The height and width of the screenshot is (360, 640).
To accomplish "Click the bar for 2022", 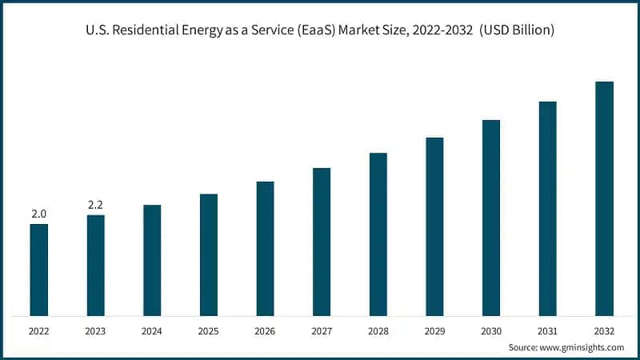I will (38, 270).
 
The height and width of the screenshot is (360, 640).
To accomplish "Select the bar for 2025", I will (208, 254).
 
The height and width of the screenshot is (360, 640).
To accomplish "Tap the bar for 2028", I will (378, 234).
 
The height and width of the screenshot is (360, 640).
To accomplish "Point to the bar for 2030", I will (491, 218).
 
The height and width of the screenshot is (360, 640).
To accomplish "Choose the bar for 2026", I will (265, 248).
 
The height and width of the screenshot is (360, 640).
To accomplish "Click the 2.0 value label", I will (38, 214).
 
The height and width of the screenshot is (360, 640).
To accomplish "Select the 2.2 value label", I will (95, 205).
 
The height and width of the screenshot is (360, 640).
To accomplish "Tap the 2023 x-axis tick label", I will (95, 330).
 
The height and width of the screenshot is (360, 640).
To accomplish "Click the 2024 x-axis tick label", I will (152, 330).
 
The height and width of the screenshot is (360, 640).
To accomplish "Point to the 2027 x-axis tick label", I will (322, 330).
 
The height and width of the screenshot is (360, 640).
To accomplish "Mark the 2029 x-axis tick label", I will (434, 330).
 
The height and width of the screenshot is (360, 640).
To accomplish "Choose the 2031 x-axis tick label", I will (547, 330).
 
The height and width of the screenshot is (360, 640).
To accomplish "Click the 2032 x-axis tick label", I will (604, 330).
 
